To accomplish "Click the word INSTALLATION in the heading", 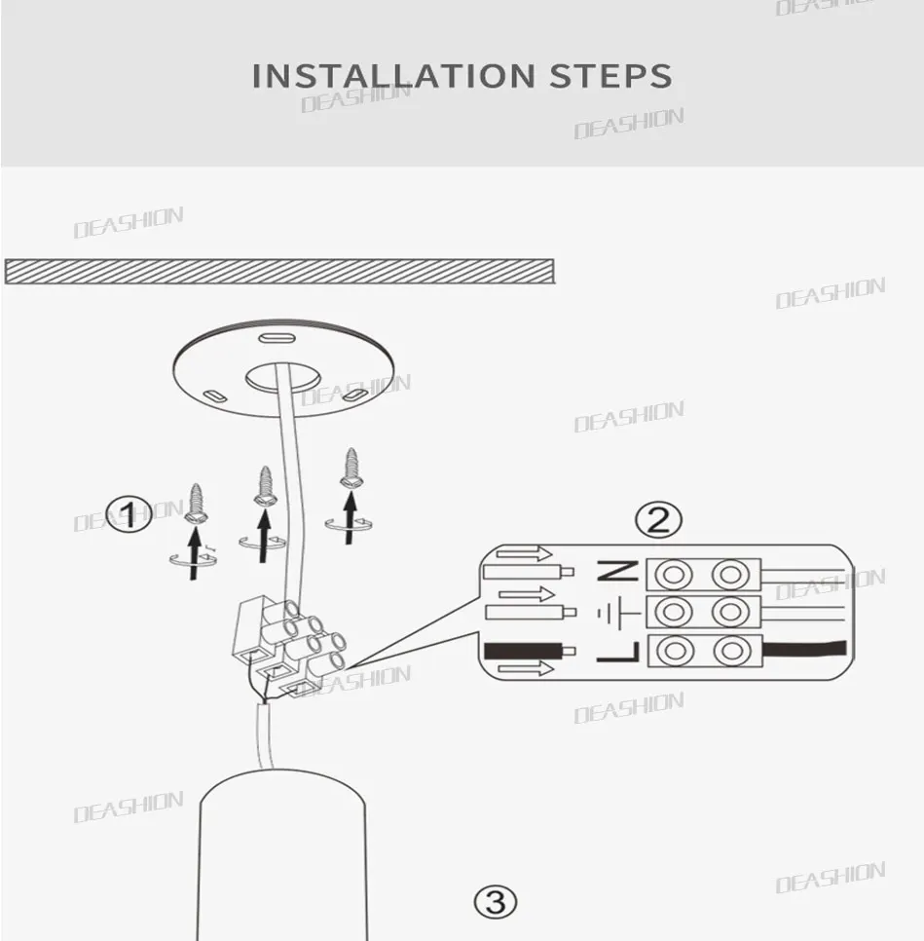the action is pos(392,76).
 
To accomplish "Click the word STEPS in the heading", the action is pos(610,76).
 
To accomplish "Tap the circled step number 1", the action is pos(129,513).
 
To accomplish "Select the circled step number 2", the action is pos(658,520).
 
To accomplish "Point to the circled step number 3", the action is pos(495,901).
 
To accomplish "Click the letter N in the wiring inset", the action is pos(618,572).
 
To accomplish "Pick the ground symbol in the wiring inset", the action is pos(618,612).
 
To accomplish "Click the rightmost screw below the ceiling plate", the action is pos(351,469).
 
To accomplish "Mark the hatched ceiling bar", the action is pos(279,271).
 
